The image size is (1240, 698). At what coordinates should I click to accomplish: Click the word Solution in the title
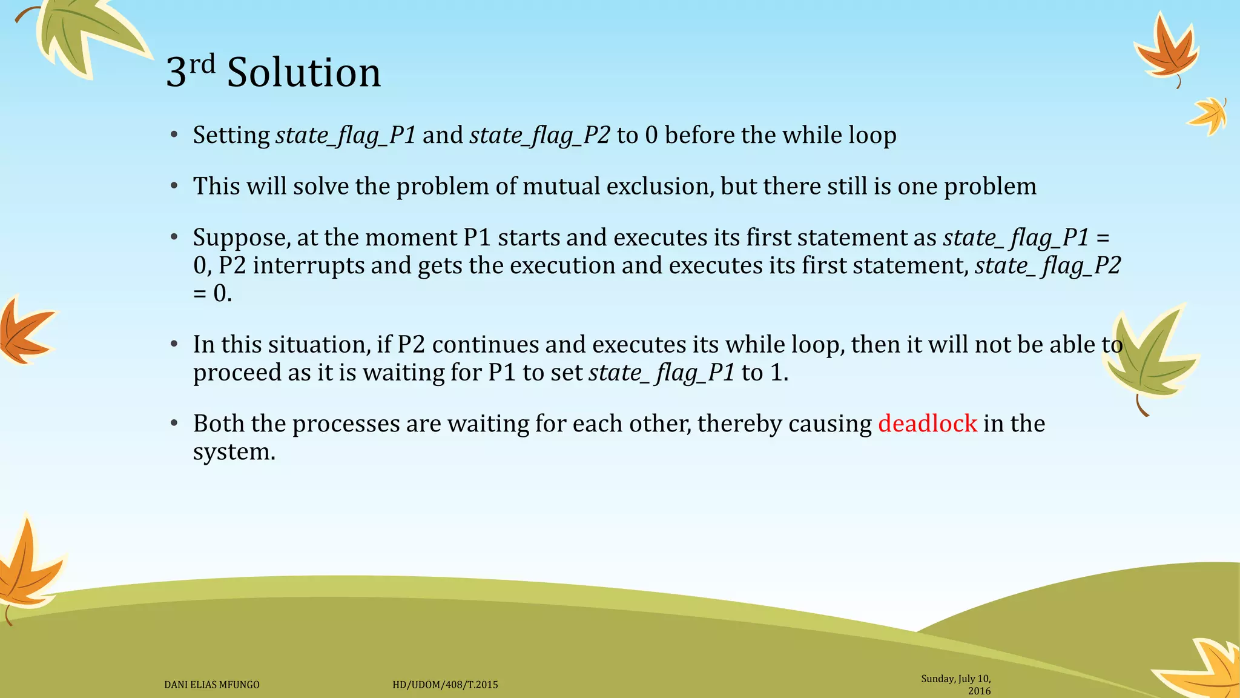pos(304,73)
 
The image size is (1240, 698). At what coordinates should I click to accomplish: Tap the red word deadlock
pos(927,424)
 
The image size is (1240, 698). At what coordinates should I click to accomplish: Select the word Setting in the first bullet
pos(231,135)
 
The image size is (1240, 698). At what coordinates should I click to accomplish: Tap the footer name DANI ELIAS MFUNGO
pos(212,685)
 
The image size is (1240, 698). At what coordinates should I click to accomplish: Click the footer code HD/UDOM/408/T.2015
pos(445,685)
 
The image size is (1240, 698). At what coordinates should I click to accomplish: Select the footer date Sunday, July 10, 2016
pos(957,685)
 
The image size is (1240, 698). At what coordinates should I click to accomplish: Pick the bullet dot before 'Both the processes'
pos(174,423)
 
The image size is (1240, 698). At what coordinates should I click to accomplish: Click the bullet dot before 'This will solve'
pos(174,186)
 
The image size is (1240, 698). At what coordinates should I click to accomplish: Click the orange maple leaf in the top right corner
pos(1166,52)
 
